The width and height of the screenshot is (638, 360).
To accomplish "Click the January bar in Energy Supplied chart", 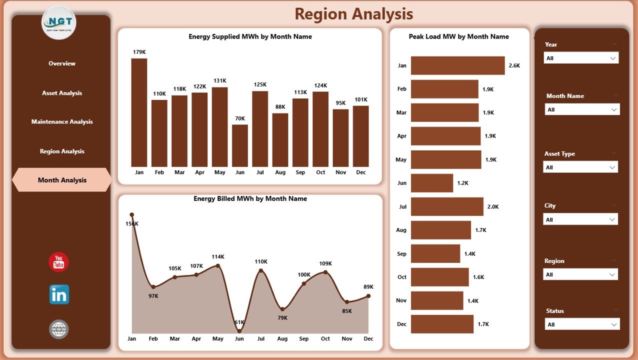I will [x=139, y=112].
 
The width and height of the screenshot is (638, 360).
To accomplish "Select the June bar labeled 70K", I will [x=240, y=145].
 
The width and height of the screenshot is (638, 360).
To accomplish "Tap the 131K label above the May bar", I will [x=219, y=80].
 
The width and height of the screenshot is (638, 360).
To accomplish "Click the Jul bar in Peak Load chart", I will [x=447, y=206].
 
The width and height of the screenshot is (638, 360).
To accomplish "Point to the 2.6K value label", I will [x=514, y=65].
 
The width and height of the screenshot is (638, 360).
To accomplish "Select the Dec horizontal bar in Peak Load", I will [x=442, y=324].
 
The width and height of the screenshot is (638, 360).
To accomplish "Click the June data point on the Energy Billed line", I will [x=239, y=330].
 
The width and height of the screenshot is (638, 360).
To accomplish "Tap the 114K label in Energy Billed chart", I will [x=218, y=257].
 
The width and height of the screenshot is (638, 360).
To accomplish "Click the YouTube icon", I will [x=59, y=262].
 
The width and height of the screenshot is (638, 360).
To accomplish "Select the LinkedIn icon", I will [x=59, y=294].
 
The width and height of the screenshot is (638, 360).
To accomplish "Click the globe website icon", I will [x=59, y=329].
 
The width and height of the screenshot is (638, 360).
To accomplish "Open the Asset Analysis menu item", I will [x=62, y=93].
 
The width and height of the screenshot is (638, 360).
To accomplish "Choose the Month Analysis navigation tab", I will [x=62, y=180].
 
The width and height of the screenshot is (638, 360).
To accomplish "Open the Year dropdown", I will [x=581, y=58].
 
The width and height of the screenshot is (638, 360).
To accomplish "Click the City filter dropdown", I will [x=580, y=219].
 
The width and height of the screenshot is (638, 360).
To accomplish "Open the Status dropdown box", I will [x=582, y=324].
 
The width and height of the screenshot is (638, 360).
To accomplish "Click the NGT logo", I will [x=59, y=23].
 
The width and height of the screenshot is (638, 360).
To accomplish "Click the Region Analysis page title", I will [x=353, y=14].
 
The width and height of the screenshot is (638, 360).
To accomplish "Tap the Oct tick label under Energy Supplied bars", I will [x=320, y=172].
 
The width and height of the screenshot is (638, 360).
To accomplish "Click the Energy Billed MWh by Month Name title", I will [x=250, y=198].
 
